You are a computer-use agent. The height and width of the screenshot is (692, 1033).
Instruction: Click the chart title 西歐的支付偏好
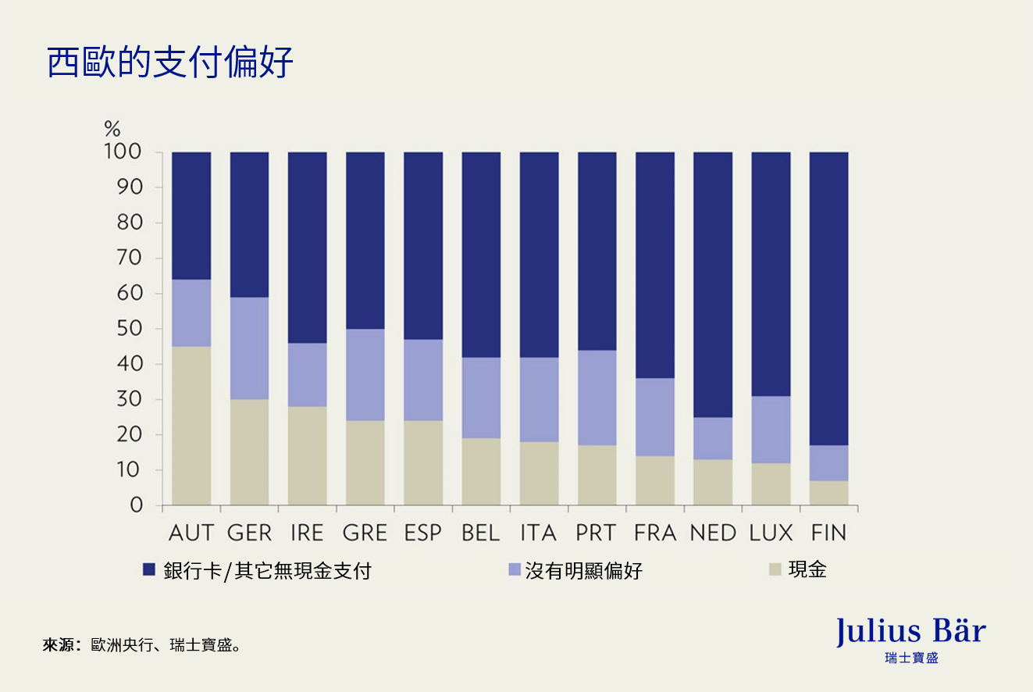click(x=170, y=62)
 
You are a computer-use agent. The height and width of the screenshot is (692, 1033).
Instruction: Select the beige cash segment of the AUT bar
click(x=191, y=426)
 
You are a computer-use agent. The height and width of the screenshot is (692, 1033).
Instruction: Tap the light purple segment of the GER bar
click(x=249, y=348)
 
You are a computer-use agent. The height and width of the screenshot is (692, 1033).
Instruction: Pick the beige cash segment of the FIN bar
click(x=828, y=493)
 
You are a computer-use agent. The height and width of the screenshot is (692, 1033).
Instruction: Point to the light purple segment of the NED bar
click(x=713, y=438)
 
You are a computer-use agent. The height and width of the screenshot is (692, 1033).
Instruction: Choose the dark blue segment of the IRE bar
click(x=307, y=248)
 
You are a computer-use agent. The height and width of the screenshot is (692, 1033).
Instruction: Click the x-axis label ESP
click(x=422, y=533)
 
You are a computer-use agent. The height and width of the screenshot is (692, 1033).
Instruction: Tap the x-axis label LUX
click(x=771, y=533)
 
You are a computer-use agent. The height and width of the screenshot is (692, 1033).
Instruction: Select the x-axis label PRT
click(x=597, y=533)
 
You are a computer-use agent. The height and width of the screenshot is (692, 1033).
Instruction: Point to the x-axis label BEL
click(x=480, y=533)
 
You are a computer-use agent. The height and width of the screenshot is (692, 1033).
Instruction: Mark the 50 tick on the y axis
click(x=129, y=329)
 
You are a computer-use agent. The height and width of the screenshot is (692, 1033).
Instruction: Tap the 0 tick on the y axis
click(x=136, y=505)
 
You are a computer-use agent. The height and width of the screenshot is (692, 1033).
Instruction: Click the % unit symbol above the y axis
click(x=112, y=129)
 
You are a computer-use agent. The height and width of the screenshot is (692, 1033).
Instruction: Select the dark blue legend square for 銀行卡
click(x=149, y=570)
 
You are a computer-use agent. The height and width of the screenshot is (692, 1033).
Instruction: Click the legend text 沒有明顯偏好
click(x=583, y=571)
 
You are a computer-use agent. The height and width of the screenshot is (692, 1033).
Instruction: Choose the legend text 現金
click(x=807, y=569)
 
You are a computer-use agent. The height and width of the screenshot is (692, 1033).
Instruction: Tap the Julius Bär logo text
click(x=910, y=631)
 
